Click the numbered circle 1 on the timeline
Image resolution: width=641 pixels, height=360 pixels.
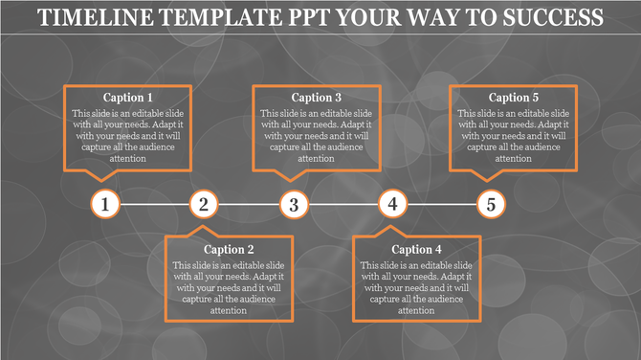coord(106,204)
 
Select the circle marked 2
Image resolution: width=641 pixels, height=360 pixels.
coord(203,204)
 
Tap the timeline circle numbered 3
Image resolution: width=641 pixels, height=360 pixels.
coord(295,204)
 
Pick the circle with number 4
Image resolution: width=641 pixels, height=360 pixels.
coord(392,204)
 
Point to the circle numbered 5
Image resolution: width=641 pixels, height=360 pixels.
coord(491,204)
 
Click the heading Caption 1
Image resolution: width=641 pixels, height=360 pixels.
coord(127,98)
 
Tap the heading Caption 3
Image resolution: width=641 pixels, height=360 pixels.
coord(317,98)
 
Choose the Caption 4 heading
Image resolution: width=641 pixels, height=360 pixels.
coord(416,250)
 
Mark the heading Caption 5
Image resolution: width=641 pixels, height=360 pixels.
coord(514,98)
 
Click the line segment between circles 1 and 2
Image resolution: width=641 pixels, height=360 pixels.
coord(154,204)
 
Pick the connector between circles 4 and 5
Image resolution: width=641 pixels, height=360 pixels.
coord(441,204)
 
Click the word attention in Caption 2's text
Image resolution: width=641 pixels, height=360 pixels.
coord(228,310)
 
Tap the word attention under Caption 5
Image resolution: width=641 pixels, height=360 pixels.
coord(514,158)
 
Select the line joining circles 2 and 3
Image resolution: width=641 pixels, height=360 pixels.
coord(249,204)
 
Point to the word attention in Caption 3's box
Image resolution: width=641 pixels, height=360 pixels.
coord(317,158)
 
